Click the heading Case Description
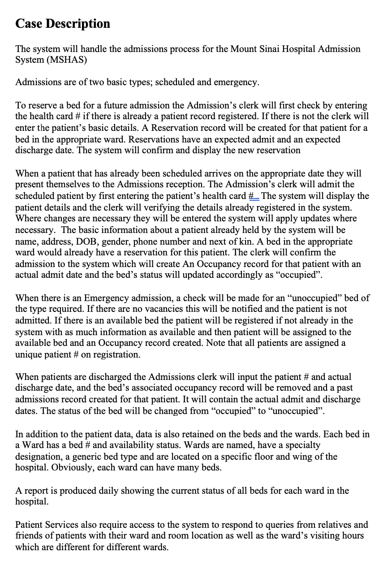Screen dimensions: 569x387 tap(63, 23)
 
